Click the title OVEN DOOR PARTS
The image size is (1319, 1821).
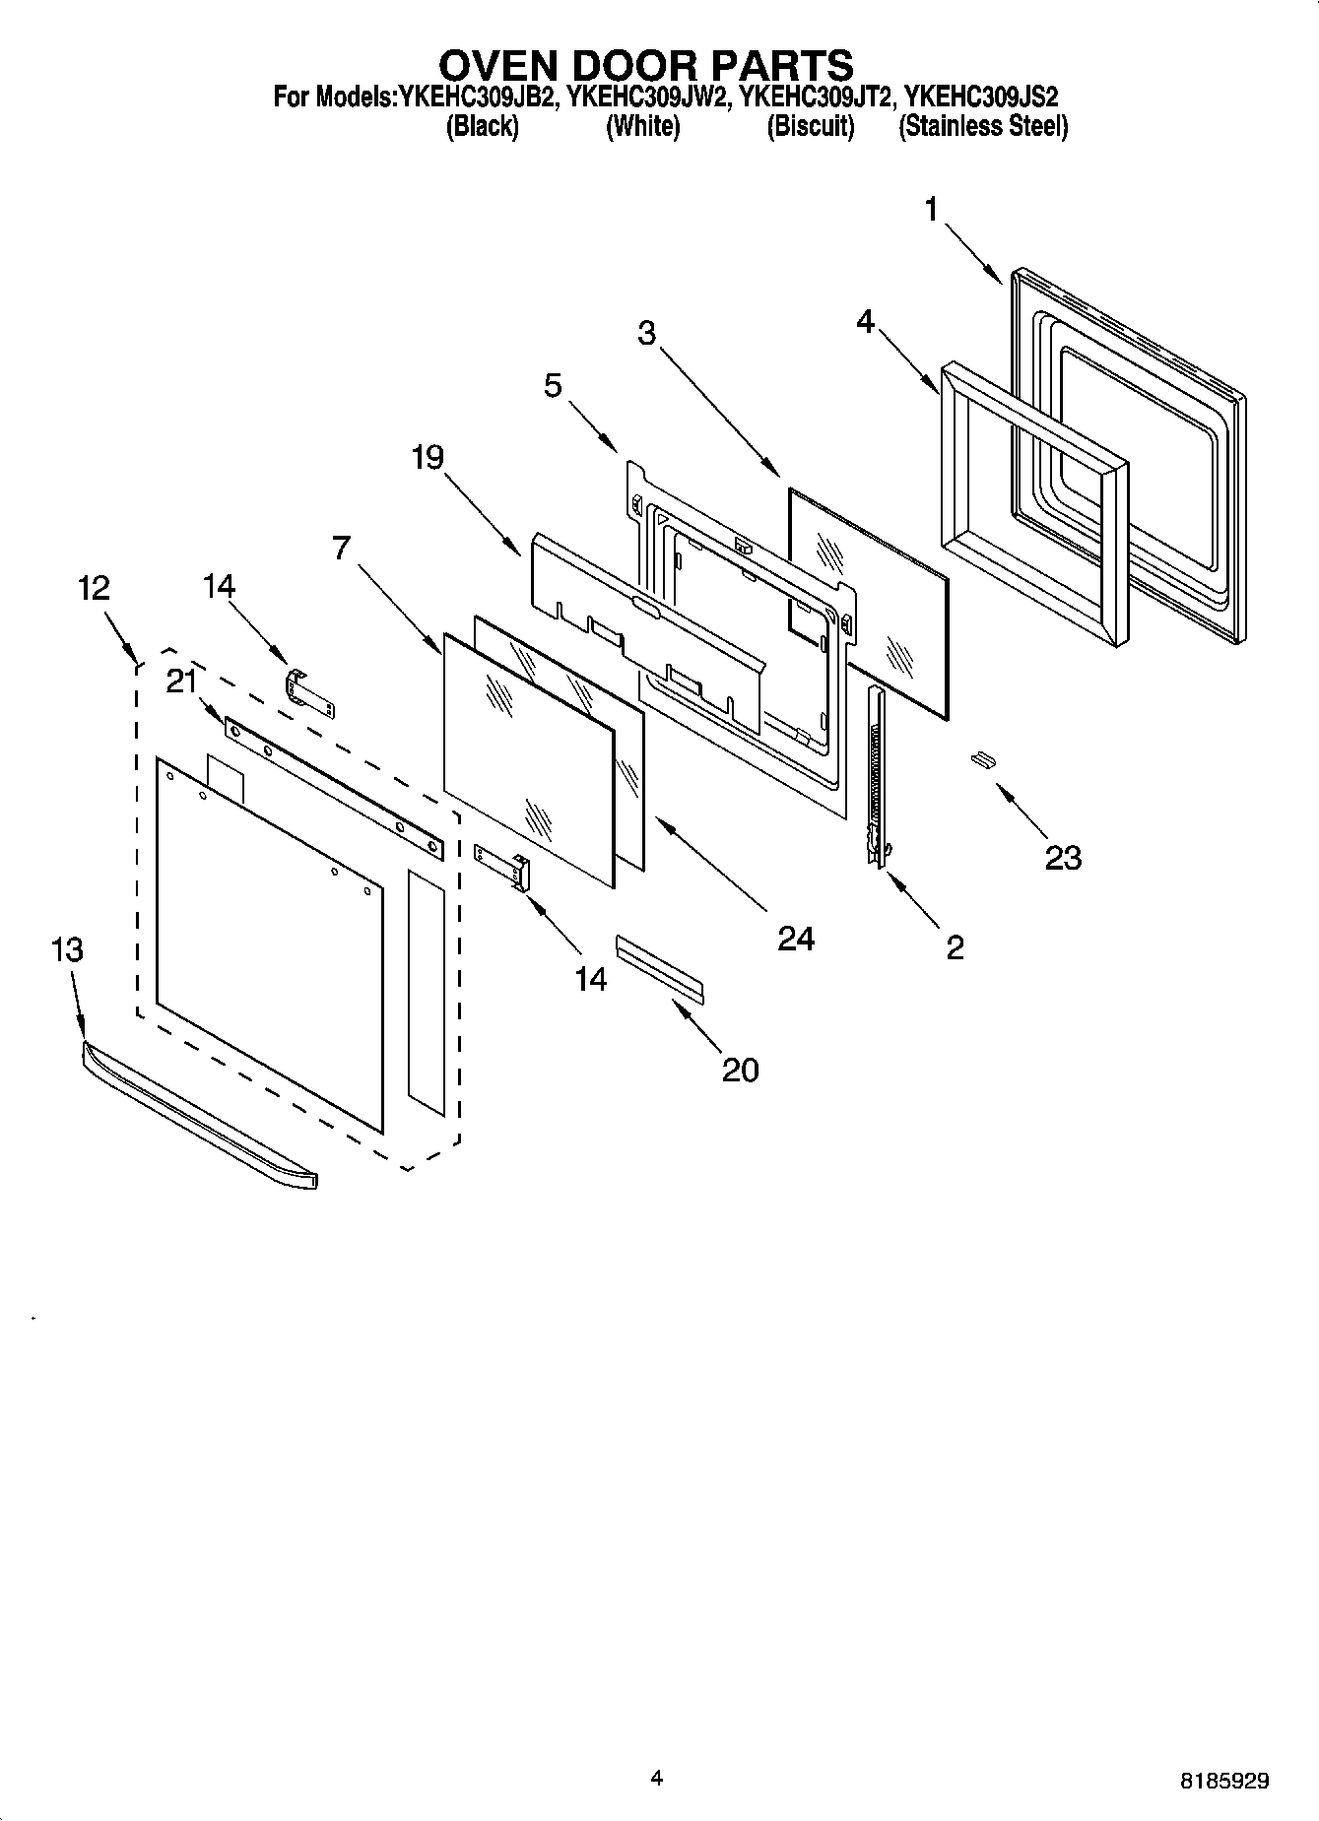coord(645,65)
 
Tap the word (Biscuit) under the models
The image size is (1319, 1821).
coord(810,126)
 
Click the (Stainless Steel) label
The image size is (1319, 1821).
coord(982,126)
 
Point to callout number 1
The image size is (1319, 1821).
coord(931,210)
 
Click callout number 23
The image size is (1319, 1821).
coord(1063,858)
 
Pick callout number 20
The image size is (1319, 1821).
coord(741,1070)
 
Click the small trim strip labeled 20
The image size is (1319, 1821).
coord(660,969)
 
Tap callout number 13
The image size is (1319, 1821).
coord(67,950)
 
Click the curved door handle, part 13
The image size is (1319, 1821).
coord(197,1113)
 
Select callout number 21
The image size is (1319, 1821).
coord(182,681)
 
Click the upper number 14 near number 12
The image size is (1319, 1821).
coord(219,586)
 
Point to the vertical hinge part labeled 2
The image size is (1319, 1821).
coord(875,778)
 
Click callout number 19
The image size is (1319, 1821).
coord(428,457)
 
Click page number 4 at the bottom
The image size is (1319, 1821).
coord(657,1777)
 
